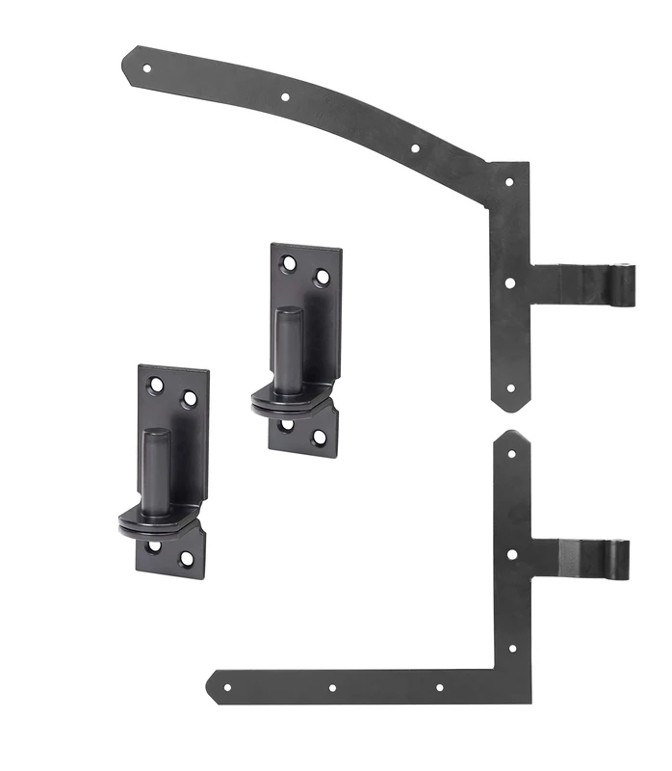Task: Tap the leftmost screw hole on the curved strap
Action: coord(147,68)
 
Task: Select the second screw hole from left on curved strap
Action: coord(285,96)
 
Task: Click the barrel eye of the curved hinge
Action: coord(627,286)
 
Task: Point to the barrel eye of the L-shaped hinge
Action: coord(621,558)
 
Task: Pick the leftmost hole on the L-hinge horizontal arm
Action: coord(227,688)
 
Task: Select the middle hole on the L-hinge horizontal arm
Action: coord(332,688)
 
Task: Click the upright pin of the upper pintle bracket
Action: coord(288,347)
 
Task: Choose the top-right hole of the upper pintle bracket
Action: coord(323,277)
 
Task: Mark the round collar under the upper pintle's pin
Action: coord(289,397)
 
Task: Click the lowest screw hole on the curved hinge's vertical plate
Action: coord(510,389)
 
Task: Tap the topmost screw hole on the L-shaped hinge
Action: coord(511,453)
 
